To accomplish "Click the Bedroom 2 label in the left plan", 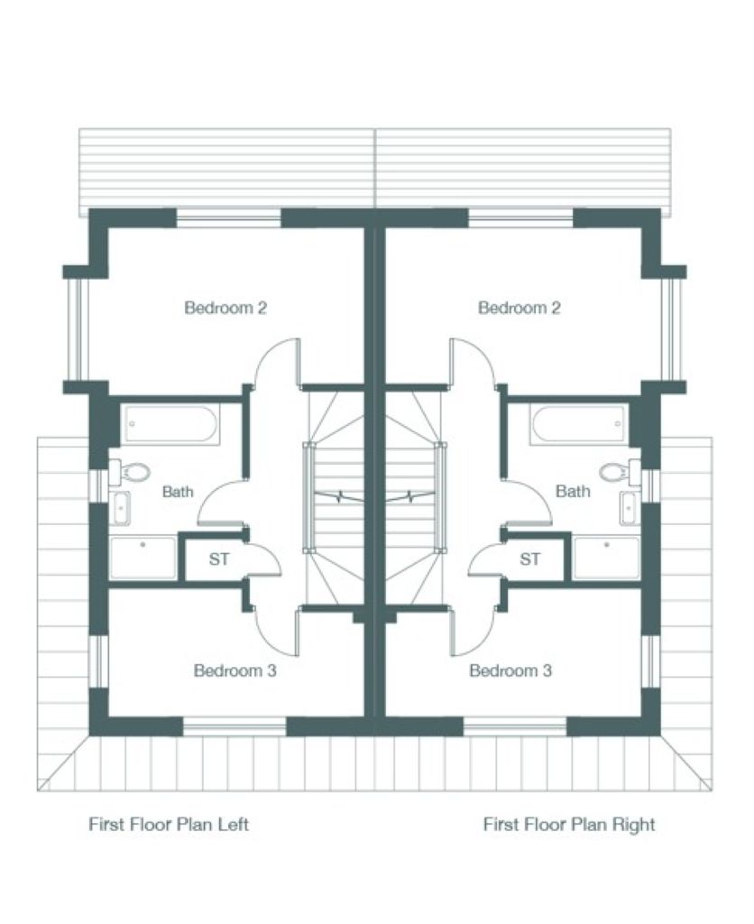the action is (x=225, y=308).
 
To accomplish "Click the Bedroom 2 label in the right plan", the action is (x=519, y=308).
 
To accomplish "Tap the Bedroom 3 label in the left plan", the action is (x=235, y=670).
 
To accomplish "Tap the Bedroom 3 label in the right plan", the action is (x=510, y=670).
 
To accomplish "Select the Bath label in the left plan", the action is (x=178, y=492).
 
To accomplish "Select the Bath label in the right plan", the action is (x=573, y=491).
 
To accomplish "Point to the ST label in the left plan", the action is (x=219, y=559).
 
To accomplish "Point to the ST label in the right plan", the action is (x=529, y=559).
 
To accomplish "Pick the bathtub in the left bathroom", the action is (x=170, y=424).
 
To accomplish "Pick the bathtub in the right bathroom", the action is (x=578, y=424).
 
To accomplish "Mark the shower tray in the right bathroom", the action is (x=606, y=558).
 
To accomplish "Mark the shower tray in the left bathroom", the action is (x=143, y=558).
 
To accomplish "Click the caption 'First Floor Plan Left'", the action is (x=169, y=824).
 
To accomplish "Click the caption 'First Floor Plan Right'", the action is (x=569, y=824).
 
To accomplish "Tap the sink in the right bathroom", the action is (x=630, y=507).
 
